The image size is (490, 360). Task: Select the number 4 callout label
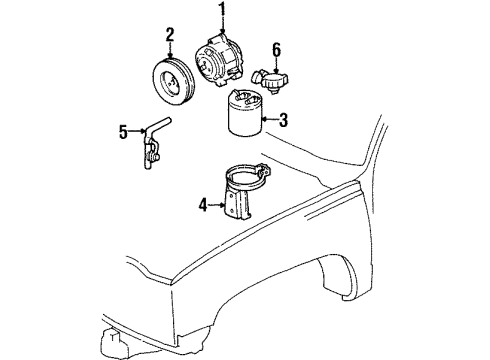pyautogui.click(x=204, y=206)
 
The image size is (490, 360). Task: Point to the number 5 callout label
pyautogui.click(x=124, y=130)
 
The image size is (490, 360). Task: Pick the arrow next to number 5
pyautogui.click(x=136, y=130)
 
